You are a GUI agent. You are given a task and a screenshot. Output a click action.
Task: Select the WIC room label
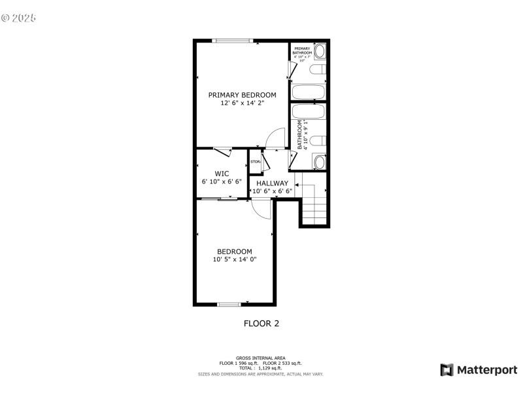pyautogui.click(x=221, y=174)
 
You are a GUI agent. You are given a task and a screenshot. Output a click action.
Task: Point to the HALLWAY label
pyautogui.click(x=272, y=183)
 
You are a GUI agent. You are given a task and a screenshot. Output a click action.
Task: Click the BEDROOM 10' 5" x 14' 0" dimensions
pyautogui.click(x=235, y=259)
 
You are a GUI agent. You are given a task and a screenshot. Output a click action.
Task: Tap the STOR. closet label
pyautogui.click(x=255, y=162)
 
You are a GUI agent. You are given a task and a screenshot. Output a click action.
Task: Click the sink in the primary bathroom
pyautogui.click(x=320, y=52)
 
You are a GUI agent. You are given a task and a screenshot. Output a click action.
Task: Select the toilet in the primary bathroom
pyautogui.click(x=317, y=71)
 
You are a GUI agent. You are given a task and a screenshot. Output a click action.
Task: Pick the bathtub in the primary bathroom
pyautogui.click(x=309, y=92)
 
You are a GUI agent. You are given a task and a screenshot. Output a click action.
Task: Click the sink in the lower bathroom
pyautogui.click(x=319, y=162)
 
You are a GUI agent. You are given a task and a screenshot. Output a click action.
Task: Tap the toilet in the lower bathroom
pyautogui.click(x=317, y=140)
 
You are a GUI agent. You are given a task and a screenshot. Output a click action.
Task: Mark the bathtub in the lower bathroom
pyautogui.click(x=309, y=112)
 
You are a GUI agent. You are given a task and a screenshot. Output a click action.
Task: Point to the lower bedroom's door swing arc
pyautogui.click(x=263, y=210)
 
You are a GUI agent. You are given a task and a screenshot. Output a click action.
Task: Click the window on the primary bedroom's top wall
pyautogui.click(x=232, y=41)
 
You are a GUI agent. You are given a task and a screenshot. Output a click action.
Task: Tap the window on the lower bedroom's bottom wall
pyautogui.click(x=229, y=304)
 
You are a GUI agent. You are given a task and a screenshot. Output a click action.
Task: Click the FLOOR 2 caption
pyautogui.click(x=261, y=323)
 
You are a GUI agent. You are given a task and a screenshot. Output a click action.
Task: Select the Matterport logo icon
pyautogui.click(x=447, y=370)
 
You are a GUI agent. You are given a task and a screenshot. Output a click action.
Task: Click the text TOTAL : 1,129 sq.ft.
pyautogui.click(x=261, y=368)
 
